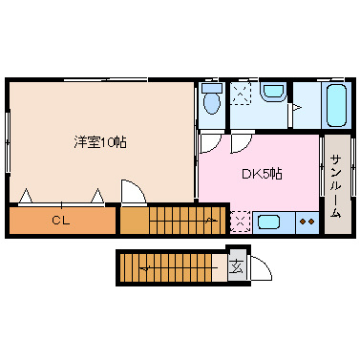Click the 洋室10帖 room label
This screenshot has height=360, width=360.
[x=100, y=141]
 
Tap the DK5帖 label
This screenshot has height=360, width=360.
[x=262, y=174]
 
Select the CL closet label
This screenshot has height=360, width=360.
[x=61, y=221]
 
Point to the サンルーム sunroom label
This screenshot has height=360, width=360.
[x=336, y=186]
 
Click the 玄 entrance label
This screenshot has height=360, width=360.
[x=237, y=266]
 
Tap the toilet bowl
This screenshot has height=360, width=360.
[x=212, y=103]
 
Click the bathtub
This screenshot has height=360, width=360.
[x=336, y=105]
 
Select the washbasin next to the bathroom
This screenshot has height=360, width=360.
[x=273, y=92]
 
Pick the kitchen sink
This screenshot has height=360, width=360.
[x=268, y=222]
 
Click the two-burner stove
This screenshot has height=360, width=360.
[x=307, y=222]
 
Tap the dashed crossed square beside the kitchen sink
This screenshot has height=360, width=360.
[x=241, y=222]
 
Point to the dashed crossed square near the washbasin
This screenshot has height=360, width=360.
[x=241, y=93]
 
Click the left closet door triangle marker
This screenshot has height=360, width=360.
[x=26, y=196]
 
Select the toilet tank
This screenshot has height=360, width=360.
[x=212, y=88]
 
